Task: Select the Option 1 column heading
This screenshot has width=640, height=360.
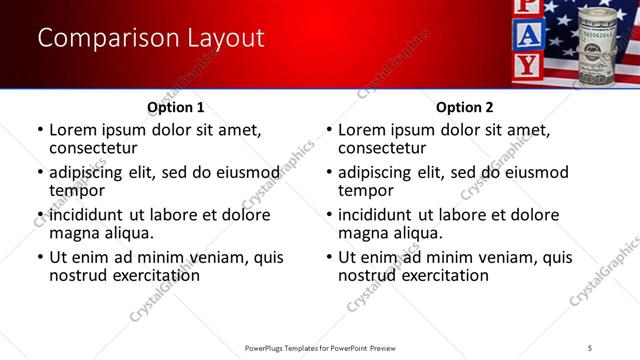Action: pyautogui.click(x=176, y=107)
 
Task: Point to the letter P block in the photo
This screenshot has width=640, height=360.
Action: pyautogui.click(x=531, y=7)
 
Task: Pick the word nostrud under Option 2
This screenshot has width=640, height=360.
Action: pyautogui.click(x=369, y=275)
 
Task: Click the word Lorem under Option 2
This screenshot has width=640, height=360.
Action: pyautogui.click(x=362, y=129)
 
